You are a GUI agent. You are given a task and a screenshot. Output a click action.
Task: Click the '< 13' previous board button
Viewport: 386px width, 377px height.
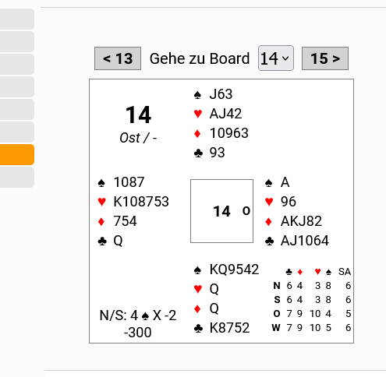118,58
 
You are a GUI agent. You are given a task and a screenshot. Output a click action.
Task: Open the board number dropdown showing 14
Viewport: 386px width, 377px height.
276,58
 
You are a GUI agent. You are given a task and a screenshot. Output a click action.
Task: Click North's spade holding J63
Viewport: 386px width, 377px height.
221,94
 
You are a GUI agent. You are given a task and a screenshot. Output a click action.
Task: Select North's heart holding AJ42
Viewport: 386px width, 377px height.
225,114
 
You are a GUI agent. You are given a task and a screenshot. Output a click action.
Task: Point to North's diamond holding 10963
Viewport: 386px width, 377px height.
229,133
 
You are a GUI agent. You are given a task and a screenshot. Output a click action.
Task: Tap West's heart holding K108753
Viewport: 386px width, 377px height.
141,202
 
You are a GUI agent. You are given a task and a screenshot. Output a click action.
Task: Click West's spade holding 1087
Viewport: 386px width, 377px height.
129,182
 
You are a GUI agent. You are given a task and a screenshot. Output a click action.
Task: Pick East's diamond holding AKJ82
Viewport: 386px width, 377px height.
301,221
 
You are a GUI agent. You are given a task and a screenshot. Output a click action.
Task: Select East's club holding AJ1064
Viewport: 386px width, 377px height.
305,241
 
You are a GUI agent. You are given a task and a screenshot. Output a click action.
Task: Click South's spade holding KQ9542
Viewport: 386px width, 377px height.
234,270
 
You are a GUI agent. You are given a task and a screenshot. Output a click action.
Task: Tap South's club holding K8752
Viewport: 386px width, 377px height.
229,328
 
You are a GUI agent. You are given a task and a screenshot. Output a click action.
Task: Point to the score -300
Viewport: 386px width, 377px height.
137,333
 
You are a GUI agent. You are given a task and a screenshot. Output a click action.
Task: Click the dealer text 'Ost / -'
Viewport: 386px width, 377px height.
138,138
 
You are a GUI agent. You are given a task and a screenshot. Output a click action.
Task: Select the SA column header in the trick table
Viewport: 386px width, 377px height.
345,272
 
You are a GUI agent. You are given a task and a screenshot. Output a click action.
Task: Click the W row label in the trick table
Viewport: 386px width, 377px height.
276,328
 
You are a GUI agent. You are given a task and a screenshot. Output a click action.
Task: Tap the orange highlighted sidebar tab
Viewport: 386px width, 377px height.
17,154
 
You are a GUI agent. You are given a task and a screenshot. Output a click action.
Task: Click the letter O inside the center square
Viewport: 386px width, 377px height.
246,211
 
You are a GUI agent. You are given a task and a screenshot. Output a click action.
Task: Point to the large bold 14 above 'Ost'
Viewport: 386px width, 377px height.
138,115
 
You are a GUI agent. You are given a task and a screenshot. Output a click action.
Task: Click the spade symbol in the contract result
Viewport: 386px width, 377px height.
145,316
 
